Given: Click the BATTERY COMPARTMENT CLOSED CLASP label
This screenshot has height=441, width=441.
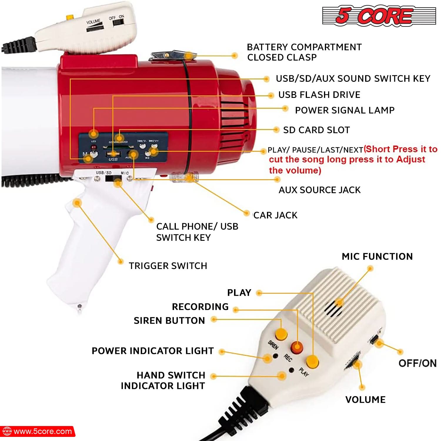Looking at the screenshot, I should point(304,52).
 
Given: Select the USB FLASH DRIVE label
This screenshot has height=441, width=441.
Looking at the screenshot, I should point(319,95).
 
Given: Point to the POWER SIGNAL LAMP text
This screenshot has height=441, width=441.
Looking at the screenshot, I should point(345,110).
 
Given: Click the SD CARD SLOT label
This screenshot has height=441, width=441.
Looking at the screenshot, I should point(316,130).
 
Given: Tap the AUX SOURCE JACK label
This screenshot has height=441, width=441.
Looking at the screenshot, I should point(320,190).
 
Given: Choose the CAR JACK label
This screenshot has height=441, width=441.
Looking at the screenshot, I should point(275,215).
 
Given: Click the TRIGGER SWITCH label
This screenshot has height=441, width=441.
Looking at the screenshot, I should point(168,266).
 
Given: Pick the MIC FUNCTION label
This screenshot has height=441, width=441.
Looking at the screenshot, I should point(377,256).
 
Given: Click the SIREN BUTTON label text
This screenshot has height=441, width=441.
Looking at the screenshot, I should point(169,320).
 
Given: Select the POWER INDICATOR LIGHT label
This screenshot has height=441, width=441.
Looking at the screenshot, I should point(153,351).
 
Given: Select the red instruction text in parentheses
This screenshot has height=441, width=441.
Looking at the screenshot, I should point(347,160).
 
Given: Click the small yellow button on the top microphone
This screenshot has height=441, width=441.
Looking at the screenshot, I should point(70,17).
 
